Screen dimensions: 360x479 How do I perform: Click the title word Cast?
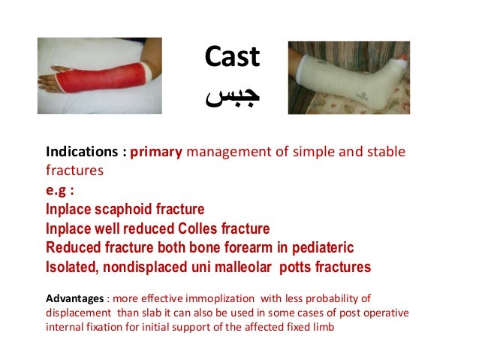click(x=232, y=57)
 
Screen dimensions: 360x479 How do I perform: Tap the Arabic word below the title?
click(x=232, y=98)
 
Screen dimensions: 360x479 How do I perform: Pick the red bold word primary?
click(x=156, y=153)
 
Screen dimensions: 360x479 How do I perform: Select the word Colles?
click(x=196, y=228)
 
